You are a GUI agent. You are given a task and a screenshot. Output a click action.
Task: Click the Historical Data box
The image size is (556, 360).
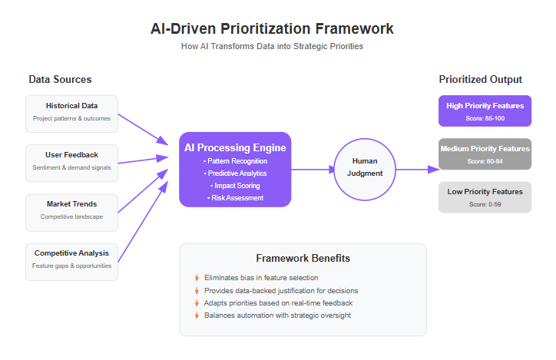click(71, 114)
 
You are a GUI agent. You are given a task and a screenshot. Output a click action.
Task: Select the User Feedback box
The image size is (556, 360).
click(71, 163)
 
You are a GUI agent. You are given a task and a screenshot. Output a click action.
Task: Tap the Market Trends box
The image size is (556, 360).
click(71, 213)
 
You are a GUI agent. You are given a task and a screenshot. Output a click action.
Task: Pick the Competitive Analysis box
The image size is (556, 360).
click(71, 262)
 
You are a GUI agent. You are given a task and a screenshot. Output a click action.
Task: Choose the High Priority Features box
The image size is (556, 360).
click(485, 111)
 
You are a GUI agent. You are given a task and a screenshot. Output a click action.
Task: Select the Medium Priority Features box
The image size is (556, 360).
click(485, 154)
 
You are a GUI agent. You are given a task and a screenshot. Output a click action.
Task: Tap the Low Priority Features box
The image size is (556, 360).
click(485, 197)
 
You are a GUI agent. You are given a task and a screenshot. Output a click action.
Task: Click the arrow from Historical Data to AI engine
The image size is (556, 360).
click(143, 129)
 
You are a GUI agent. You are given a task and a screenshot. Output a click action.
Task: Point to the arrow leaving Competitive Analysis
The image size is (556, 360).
click(143, 222)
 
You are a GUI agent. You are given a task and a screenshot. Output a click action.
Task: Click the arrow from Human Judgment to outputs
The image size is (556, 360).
click(418, 170)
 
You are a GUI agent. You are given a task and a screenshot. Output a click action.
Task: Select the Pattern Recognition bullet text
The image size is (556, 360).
click(236, 161)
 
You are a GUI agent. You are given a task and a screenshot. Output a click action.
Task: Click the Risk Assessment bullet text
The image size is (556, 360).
click(236, 198)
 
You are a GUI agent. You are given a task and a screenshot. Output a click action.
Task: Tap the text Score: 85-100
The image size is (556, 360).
click(485, 118)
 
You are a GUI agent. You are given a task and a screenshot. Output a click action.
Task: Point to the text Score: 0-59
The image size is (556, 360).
click(485, 204)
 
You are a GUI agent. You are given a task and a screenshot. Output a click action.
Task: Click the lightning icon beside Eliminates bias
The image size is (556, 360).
click(197, 277)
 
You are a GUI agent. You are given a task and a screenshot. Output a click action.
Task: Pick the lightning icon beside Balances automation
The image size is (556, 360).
click(197, 315)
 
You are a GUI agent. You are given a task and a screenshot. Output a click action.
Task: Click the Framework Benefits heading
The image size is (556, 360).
click(303, 258)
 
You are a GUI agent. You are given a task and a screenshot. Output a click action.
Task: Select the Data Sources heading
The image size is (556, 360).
click(60, 79)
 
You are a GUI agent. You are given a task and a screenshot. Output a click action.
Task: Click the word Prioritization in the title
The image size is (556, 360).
click(265, 28)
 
